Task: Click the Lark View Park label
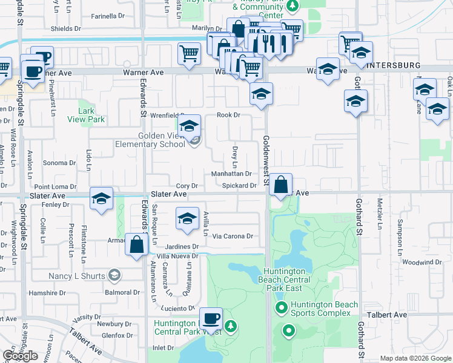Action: [91, 115]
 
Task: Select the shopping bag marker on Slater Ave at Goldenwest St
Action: [281, 185]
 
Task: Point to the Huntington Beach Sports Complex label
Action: [324, 309]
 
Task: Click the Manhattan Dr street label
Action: [231, 174]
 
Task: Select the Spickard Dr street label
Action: [239, 186]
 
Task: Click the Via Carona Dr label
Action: [231, 236]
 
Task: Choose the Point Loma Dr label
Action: [55, 188]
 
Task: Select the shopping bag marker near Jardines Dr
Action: [136, 244]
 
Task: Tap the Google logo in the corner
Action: [21, 356]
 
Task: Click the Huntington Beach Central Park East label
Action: [287, 280]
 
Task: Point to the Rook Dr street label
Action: [228, 115]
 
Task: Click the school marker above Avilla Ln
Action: [188, 218]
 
